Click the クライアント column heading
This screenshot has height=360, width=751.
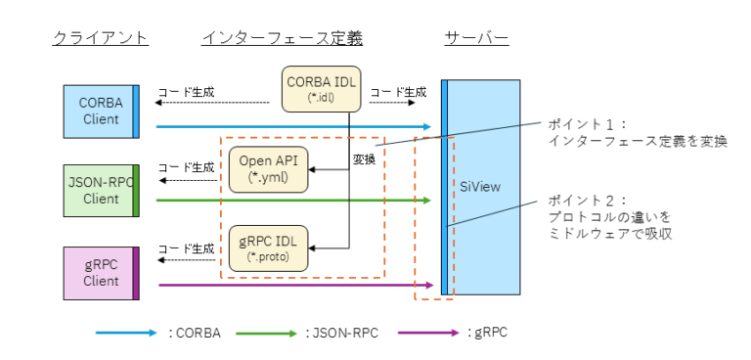(x=100, y=38)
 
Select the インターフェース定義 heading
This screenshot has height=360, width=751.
(x=282, y=38)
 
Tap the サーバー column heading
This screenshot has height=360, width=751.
(x=476, y=38)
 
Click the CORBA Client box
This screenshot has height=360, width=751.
(x=102, y=111)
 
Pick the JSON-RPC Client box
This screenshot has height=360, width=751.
(x=102, y=190)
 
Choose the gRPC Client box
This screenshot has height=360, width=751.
(x=102, y=272)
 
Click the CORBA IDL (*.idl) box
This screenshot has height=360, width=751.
(x=322, y=88)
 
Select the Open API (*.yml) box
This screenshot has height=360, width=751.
(x=267, y=169)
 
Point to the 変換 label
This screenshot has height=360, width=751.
(x=364, y=157)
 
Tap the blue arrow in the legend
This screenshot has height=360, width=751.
(x=126, y=333)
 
